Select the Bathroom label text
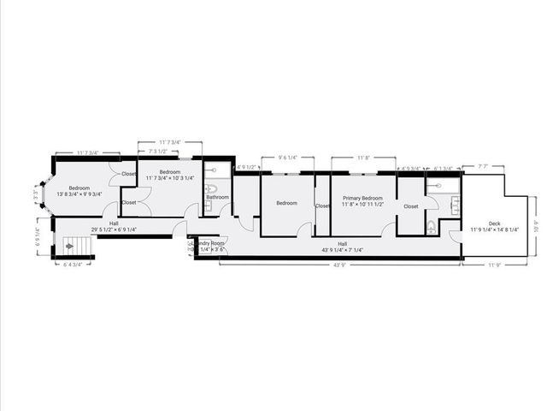pyautogui.click(x=217, y=198)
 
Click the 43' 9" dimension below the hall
pyautogui.click(x=339, y=265)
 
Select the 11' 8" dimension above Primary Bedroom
pyautogui.click(x=363, y=158)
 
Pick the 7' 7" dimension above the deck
pyautogui.click(x=483, y=167)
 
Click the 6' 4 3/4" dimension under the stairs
pyautogui.click(x=72, y=265)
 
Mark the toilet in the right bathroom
pyautogui.click(x=432, y=227)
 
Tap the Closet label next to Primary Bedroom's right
pyautogui.click(x=411, y=205)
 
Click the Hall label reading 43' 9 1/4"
pyautogui.click(x=342, y=247)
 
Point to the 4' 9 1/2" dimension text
pyautogui.click(x=246, y=167)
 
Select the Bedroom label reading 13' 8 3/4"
pyautogui.click(x=79, y=191)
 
